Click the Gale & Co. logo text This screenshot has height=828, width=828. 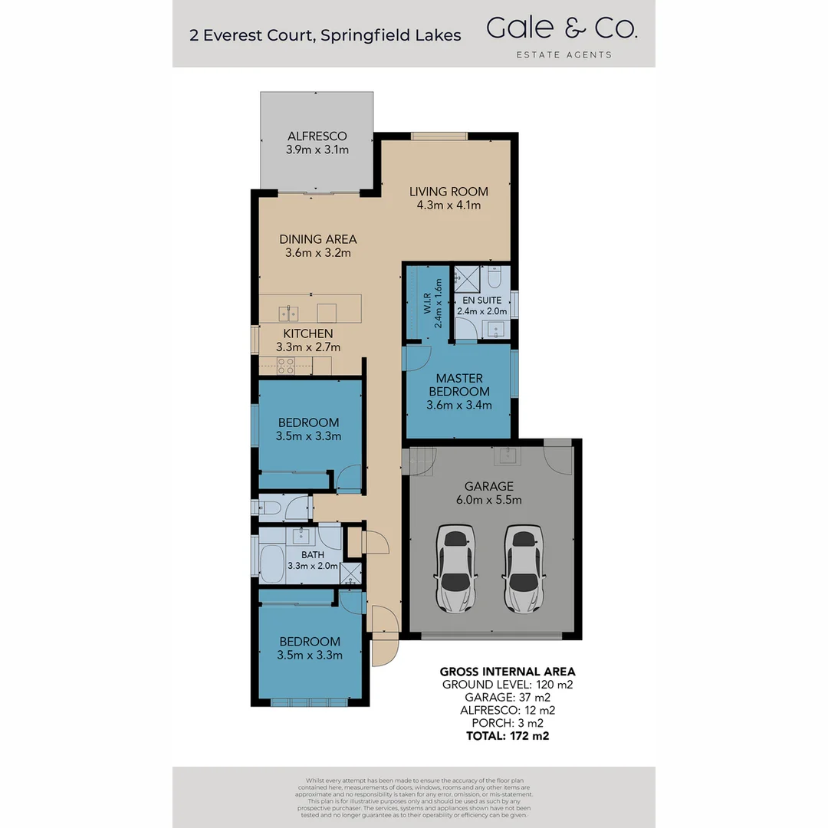click(561, 29)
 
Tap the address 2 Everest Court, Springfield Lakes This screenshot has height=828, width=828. click(326, 34)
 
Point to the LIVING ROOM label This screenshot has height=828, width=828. click(449, 192)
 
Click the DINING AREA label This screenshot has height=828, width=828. click(317, 239)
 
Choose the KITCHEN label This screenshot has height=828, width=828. click(308, 333)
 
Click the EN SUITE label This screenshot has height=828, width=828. click(481, 301)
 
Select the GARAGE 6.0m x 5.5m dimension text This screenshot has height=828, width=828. click(493, 500)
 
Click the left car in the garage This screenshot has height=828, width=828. click(456, 568)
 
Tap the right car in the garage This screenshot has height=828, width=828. click(524, 568)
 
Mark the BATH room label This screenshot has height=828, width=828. click(312, 554)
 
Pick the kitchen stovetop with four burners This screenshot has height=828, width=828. click(287, 366)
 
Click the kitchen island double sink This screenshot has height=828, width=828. click(288, 312)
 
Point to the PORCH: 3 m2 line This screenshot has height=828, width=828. click(507, 723)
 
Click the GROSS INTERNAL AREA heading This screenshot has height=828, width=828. click(507, 672)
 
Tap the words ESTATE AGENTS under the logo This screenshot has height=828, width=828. click(563, 54)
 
